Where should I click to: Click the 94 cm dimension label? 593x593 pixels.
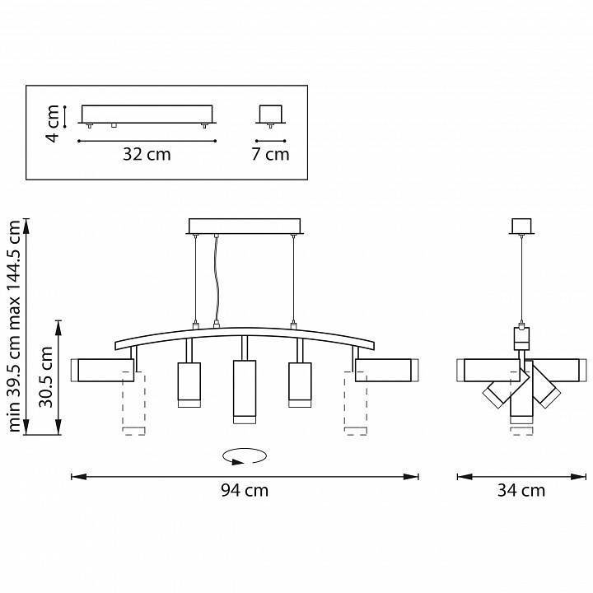click(x=245, y=491)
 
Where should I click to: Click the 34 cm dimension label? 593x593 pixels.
click(x=521, y=491)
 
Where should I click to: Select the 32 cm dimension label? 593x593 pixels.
click(x=147, y=154)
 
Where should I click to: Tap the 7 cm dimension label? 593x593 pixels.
click(x=270, y=154)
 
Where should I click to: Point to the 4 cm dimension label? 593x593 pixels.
click(x=53, y=124)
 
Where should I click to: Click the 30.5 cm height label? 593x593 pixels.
click(x=46, y=377)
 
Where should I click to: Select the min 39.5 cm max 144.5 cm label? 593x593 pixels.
click(x=14, y=326)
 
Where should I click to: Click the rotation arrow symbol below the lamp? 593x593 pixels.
click(x=245, y=456)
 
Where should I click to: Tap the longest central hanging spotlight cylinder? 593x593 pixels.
click(x=245, y=392)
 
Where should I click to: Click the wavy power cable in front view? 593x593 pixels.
click(x=217, y=279)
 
